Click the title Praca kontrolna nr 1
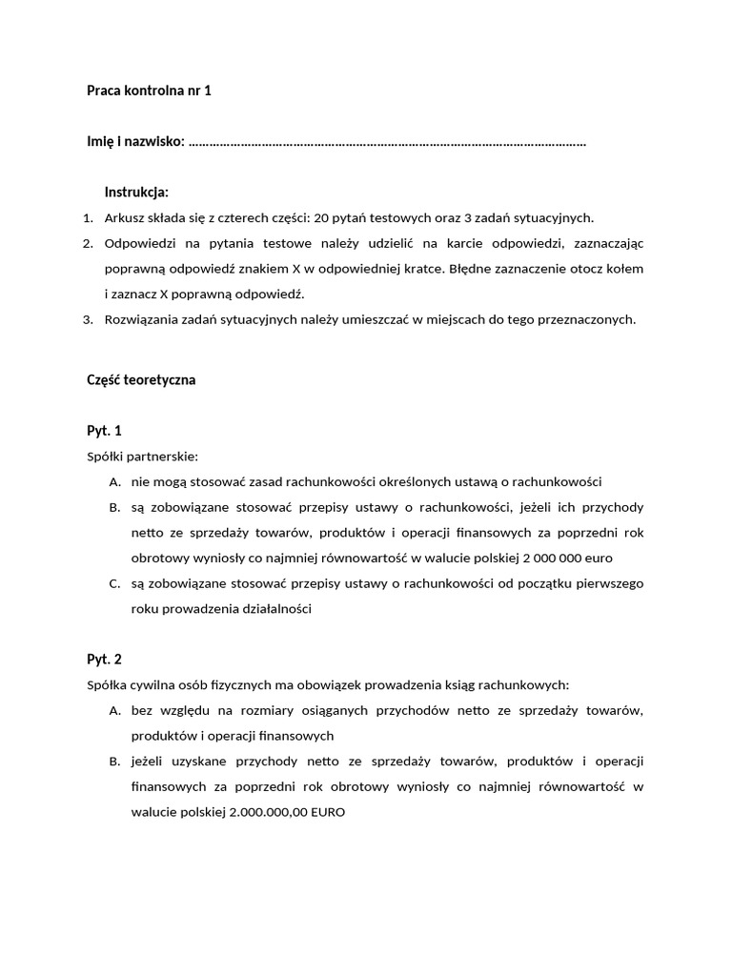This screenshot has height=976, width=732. click(149, 91)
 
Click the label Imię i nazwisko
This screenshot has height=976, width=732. click(135, 142)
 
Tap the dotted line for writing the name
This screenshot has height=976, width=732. click(387, 143)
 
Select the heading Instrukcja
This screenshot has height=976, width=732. click(136, 192)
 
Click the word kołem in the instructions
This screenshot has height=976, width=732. click(624, 268)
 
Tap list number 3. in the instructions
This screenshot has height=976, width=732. click(88, 319)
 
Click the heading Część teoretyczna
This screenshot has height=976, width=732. click(141, 379)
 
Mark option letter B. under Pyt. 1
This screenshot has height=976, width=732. click(114, 507)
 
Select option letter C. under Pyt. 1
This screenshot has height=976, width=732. click(114, 583)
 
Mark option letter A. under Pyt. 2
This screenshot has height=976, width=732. click(114, 710)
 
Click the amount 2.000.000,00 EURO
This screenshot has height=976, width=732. click(288, 812)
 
